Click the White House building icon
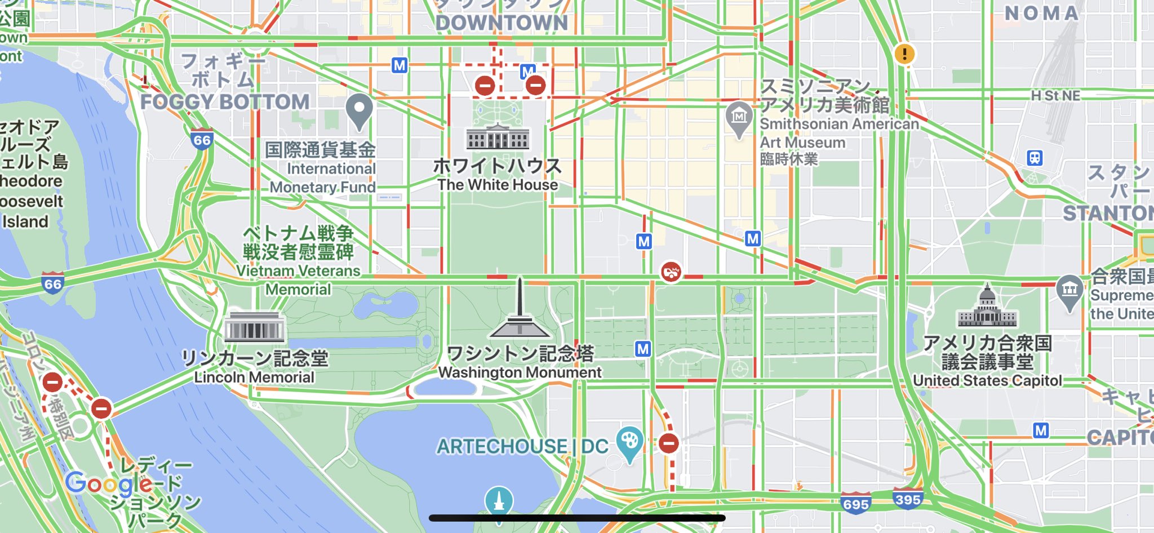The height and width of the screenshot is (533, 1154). coord(498,137)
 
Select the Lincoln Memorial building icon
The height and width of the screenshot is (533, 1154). coord(254,327)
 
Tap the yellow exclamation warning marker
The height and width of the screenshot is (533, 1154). coord(904,54)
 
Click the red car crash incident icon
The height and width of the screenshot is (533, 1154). coord(671,273)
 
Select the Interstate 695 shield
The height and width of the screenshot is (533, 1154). coord(855,503)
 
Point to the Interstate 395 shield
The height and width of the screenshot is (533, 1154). coord(907,499)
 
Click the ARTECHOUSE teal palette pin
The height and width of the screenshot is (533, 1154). coord(629,442)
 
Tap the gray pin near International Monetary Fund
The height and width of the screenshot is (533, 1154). coord(359,110)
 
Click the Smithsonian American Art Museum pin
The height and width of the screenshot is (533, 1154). coord(739,118)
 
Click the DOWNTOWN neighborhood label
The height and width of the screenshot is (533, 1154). coord(501,23)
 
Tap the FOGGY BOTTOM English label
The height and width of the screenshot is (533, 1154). coord(225,102)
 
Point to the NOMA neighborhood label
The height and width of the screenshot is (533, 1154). coord(1042,14)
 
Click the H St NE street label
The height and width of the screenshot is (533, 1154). coord(1055,96)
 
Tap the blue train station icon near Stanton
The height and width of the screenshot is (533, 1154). coord(1035,158)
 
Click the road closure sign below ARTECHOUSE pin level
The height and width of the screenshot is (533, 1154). coord(669,443)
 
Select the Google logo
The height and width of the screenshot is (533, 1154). coord(109,483)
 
